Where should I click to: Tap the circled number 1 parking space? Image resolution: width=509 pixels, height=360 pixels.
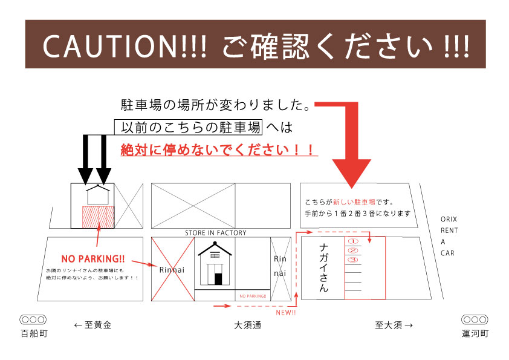pyautogui.click(x=353, y=241)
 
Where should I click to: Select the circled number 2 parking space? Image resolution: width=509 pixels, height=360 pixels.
pyautogui.click(x=353, y=250)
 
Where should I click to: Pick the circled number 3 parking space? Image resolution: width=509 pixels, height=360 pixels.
pyautogui.click(x=353, y=260)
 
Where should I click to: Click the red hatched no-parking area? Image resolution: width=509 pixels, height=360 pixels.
pyautogui.click(x=98, y=217)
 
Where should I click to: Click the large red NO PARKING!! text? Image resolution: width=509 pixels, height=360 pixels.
pyautogui.click(x=93, y=259)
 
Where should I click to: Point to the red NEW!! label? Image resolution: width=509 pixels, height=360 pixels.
pyautogui.click(x=286, y=313)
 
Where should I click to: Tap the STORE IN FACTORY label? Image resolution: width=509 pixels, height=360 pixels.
pyautogui.click(x=216, y=233)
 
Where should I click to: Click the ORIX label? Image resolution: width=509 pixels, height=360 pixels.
pyautogui.click(x=449, y=219)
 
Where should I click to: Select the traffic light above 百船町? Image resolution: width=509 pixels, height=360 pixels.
pyautogui.click(x=33, y=319)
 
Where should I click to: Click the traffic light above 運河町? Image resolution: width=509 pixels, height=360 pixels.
pyautogui.click(x=475, y=319)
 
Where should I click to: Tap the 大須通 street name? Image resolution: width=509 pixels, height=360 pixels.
pyautogui.click(x=248, y=326)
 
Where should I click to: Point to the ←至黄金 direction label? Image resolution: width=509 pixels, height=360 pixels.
pyautogui.click(x=93, y=325)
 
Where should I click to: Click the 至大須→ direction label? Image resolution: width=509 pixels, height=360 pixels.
pyautogui.click(x=394, y=325)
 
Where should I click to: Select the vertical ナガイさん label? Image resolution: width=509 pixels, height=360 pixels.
pyautogui.click(x=323, y=267)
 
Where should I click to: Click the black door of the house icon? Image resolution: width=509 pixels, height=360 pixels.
pyautogui.click(x=218, y=279)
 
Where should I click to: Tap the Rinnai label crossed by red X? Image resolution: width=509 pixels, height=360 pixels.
pyautogui.click(x=172, y=270)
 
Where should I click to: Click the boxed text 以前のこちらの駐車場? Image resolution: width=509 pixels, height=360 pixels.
pyautogui.click(x=188, y=127)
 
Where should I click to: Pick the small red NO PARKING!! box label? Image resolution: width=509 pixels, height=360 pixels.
pyautogui.click(x=253, y=296)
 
